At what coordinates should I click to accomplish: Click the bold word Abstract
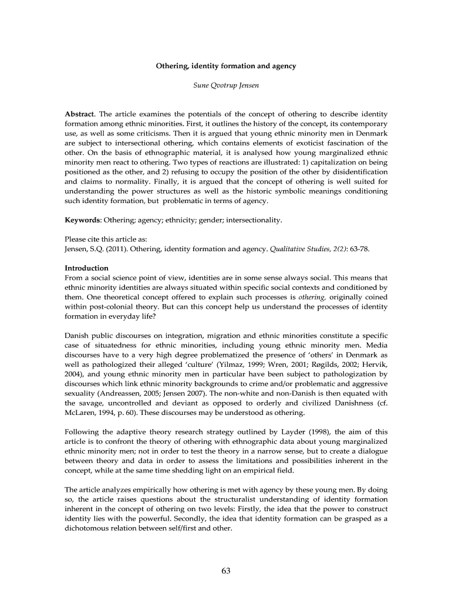click(79, 113)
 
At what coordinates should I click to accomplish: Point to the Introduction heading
click(86, 268)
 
